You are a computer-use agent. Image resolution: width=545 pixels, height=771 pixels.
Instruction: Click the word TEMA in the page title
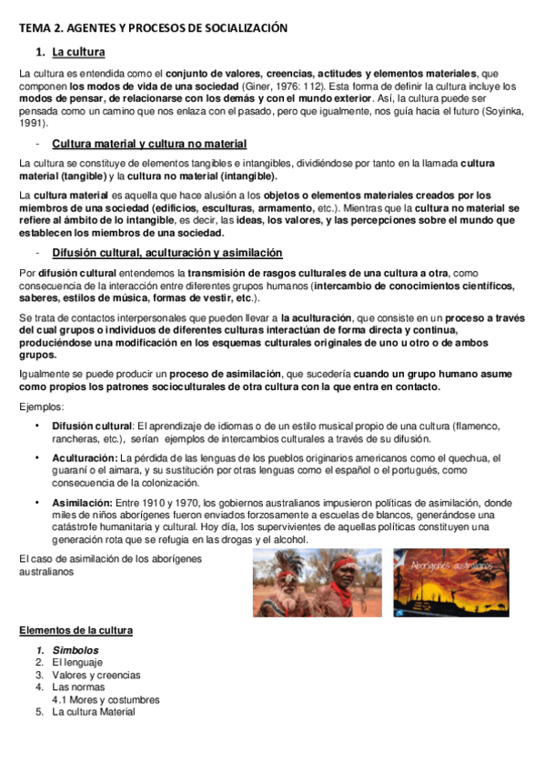click(35, 28)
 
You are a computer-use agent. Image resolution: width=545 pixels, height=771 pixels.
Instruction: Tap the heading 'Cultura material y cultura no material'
click(149, 144)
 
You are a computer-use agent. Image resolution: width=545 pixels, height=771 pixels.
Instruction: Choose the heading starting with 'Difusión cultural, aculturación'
click(167, 252)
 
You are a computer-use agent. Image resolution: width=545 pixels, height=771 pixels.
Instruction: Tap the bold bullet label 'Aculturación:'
click(84, 458)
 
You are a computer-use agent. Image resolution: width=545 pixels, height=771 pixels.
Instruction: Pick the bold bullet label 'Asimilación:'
click(83, 503)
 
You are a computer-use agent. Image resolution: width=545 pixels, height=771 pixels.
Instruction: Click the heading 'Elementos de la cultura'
click(76, 630)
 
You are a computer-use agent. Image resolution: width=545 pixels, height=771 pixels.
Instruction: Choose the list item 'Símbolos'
click(76, 650)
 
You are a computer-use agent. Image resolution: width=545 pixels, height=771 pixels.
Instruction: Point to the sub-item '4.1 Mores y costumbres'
click(106, 700)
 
